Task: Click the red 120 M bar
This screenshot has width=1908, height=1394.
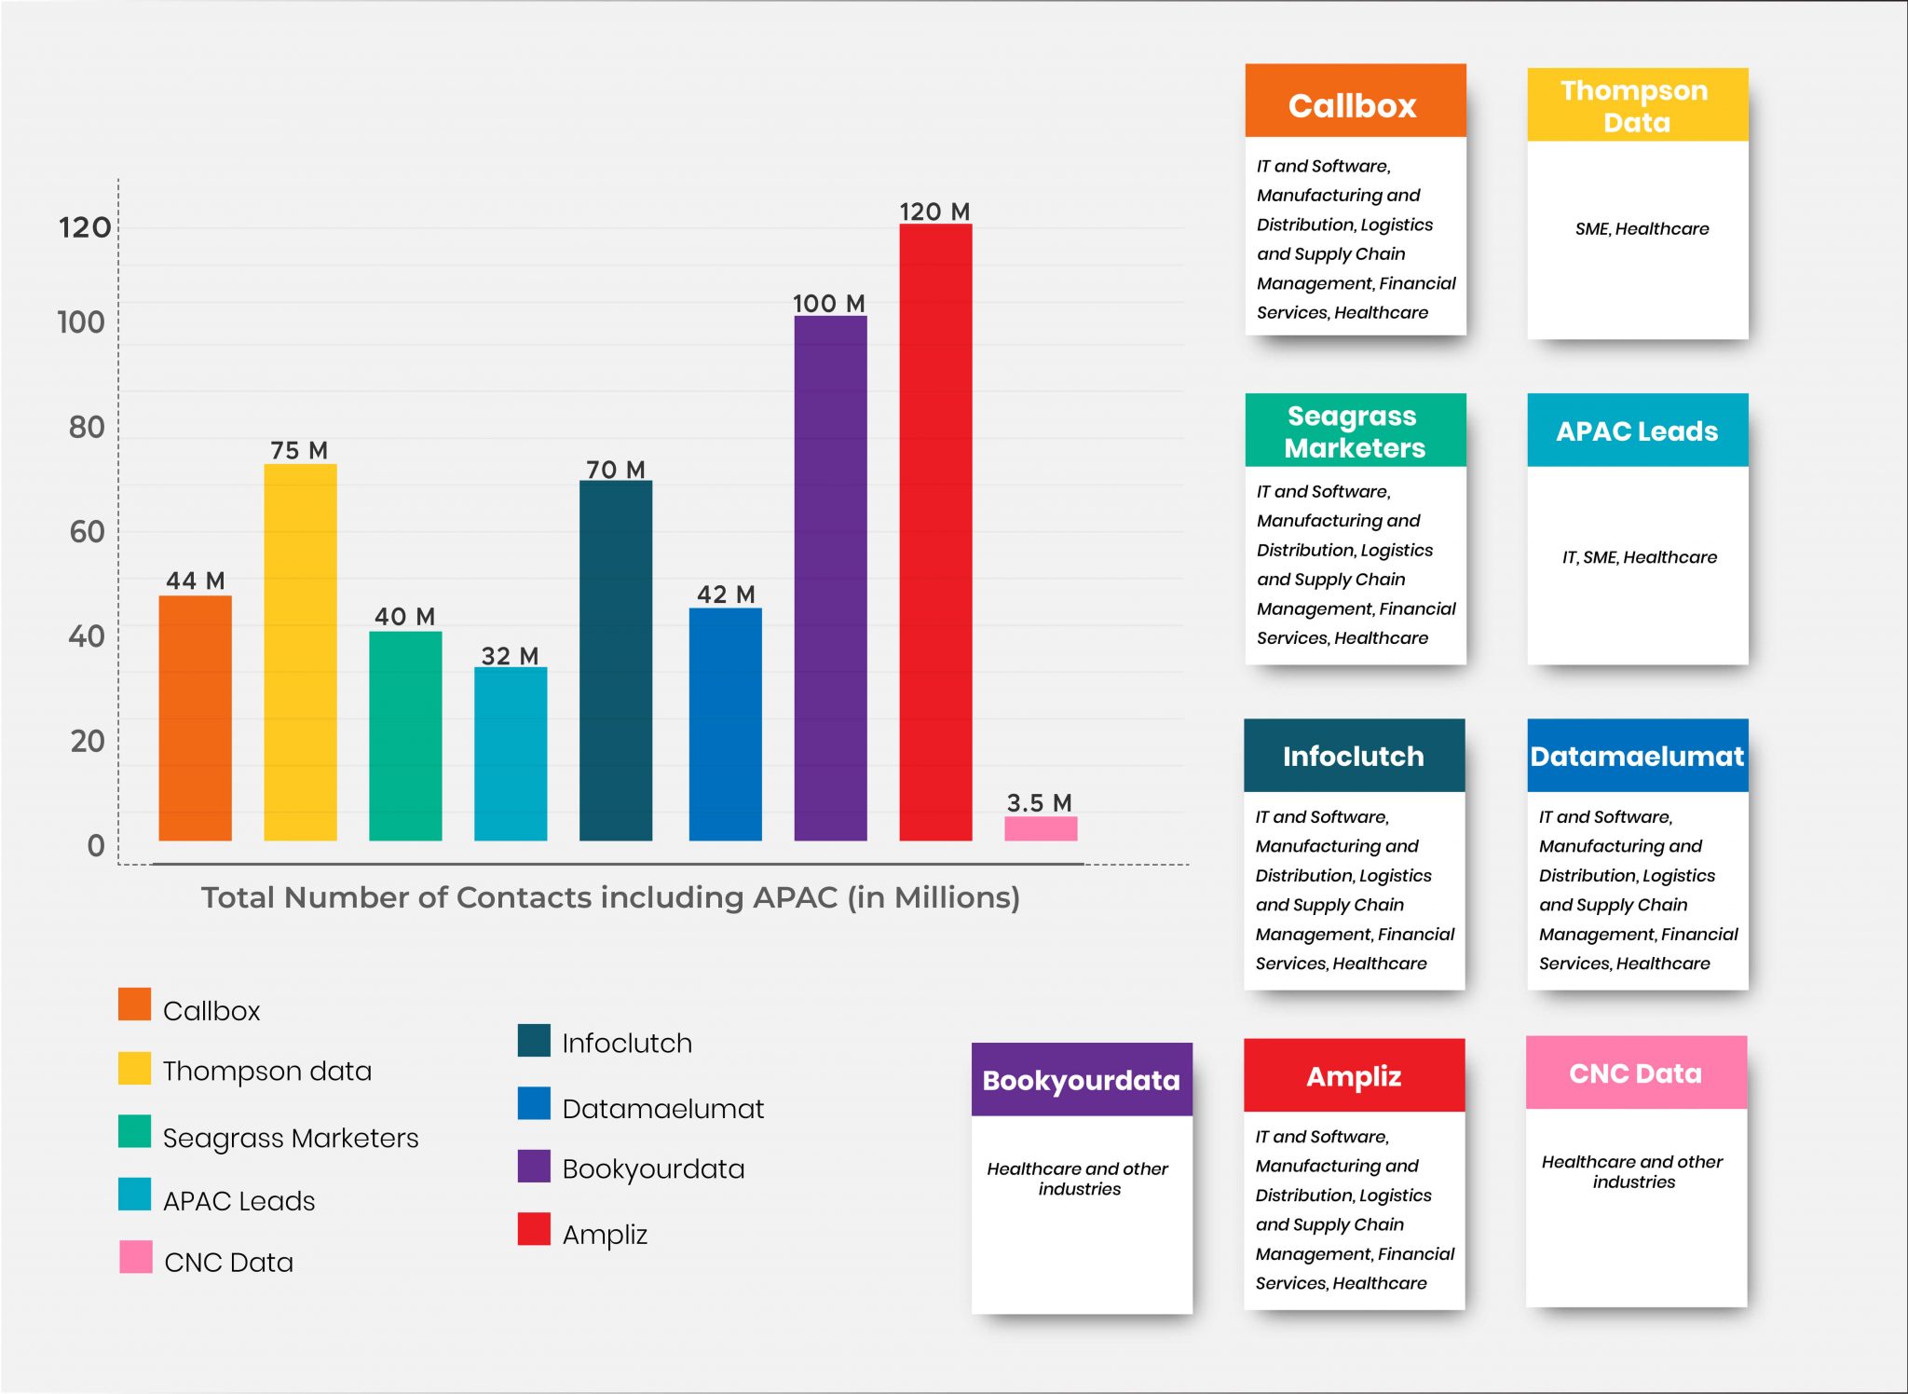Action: click(935, 531)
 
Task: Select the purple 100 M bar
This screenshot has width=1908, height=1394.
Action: click(830, 578)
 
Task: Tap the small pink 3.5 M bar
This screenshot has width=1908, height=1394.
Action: click(1041, 828)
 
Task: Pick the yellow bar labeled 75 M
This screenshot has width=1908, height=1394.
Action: click(300, 652)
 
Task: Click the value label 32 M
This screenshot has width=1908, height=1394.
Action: click(510, 656)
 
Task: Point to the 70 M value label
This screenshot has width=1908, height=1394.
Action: click(615, 470)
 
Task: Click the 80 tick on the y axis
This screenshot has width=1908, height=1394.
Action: click(87, 428)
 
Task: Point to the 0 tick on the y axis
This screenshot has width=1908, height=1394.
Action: click(95, 846)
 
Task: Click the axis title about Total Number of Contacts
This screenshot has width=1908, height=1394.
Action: click(610, 897)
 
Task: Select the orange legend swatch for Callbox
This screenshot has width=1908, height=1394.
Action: click(134, 1004)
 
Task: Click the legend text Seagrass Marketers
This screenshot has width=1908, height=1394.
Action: click(291, 1138)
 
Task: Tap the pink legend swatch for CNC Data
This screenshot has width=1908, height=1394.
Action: click(135, 1256)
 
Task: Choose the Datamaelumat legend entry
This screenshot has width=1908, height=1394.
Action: click(662, 1108)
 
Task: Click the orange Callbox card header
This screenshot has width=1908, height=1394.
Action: click(1355, 102)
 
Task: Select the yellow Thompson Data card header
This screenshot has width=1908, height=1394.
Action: click(1637, 105)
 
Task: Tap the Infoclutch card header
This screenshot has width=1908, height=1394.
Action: click(1354, 756)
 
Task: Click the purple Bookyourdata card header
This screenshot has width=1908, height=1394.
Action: click(1081, 1080)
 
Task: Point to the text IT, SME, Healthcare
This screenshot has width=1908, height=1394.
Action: click(1639, 557)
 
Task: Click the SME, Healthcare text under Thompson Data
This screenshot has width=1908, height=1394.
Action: click(1642, 228)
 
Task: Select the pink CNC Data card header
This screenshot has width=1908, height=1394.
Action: click(1635, 1073)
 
